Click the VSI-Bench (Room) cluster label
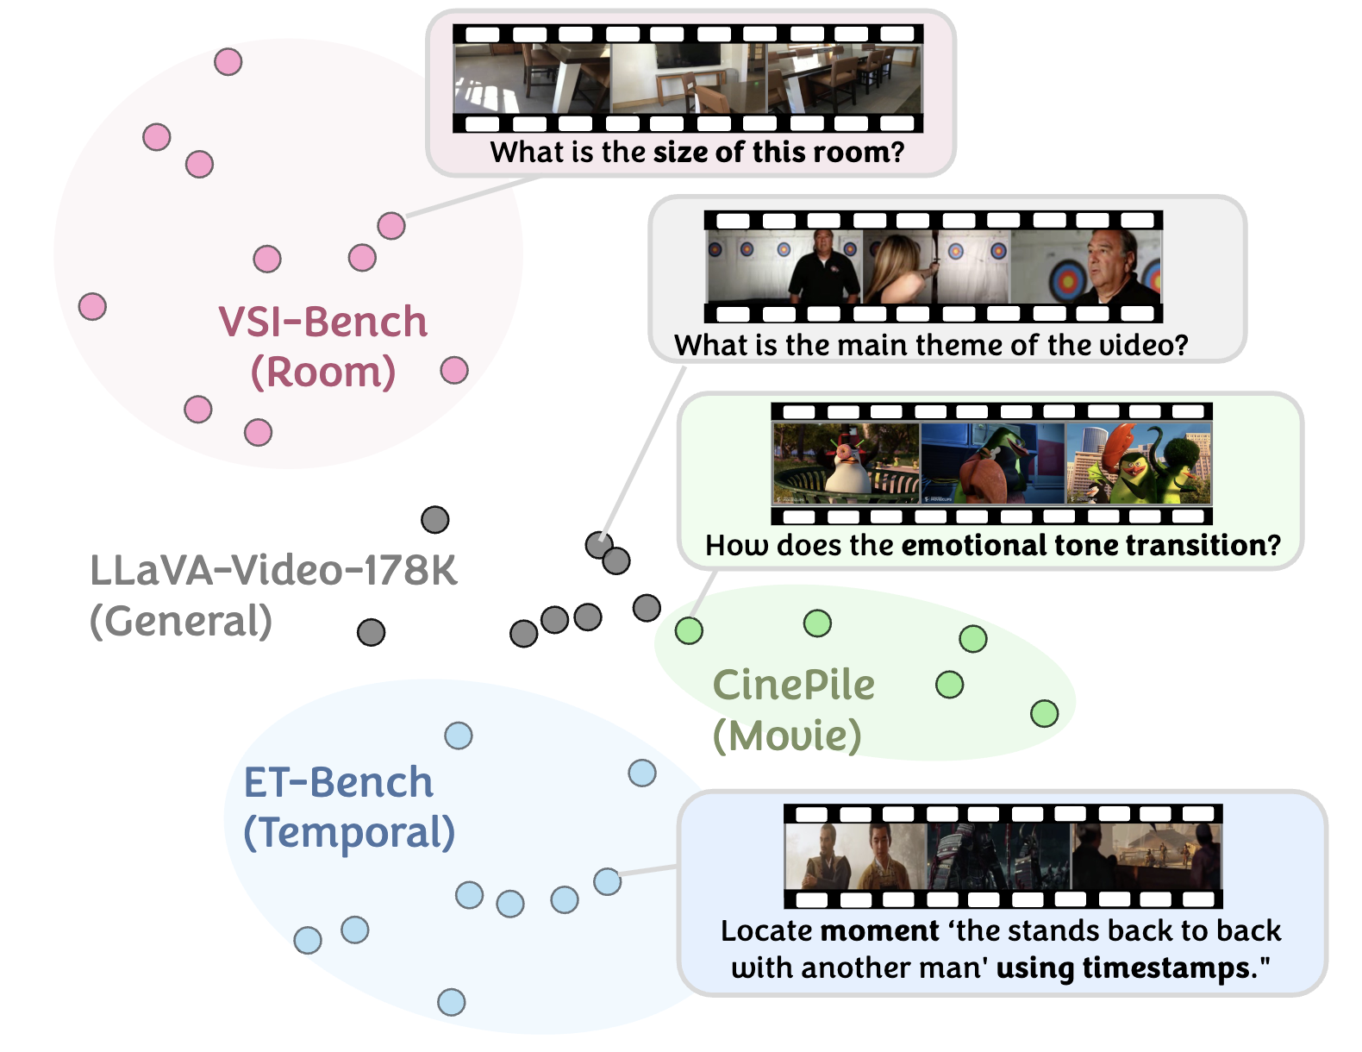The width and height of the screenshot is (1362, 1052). (323, 347)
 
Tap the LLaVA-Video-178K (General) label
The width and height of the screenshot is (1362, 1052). (272, 595)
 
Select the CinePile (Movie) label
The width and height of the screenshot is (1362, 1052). (793, 710)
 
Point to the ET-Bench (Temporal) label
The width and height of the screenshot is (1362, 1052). (348, 807)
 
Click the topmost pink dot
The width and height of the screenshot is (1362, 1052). (228, 62)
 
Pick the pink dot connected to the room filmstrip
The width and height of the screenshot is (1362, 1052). (391, 226)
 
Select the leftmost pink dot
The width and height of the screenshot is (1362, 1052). (92, 306)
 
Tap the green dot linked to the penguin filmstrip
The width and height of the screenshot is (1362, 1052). (689, 630)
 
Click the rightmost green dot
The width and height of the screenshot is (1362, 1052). (1044, 713)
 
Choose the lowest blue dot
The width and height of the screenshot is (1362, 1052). (451, 1002)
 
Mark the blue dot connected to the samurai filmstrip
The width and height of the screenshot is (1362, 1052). (608, 881)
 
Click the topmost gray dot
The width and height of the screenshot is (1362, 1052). (434, 520)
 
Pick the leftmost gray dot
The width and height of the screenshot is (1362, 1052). (371, 632)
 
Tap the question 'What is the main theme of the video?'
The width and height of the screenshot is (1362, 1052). (931, 345)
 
